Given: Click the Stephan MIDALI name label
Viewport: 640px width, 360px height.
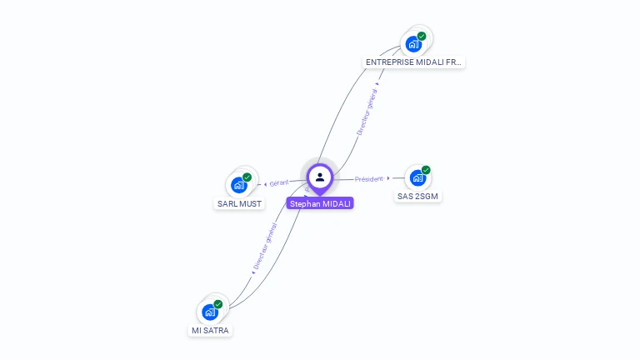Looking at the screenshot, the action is (x=320, y=203).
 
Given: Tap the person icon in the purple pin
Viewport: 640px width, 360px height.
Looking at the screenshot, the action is (x=320, y=177).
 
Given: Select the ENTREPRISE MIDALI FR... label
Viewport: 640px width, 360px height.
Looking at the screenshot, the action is (x=414, y=62).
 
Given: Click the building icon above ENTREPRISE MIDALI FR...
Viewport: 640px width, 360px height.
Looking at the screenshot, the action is (x=413, y=44).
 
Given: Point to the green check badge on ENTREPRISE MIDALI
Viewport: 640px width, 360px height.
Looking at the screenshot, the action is (x=422, y=36).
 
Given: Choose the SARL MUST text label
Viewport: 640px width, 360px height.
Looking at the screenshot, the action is (x=239, y=203).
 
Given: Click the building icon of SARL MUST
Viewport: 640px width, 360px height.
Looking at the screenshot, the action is (x=239, y=185).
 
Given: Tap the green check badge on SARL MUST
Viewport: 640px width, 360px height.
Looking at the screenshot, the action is (x=247, y=177).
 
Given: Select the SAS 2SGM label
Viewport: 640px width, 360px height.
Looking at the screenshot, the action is (x=417, y=197).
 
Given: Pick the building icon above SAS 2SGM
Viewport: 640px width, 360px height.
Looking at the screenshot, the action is (x=417, y=177).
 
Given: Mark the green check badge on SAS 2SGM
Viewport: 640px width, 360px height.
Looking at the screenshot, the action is (x=426, y=170).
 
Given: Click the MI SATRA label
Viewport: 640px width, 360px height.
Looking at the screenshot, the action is (x=210, y=331).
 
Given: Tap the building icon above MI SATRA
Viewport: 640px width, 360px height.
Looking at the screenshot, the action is (x=210, y=312).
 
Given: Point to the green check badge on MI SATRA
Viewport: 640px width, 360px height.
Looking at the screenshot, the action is (x=218, y=304).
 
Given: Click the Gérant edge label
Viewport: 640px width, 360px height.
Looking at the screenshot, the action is (x=278, y=182).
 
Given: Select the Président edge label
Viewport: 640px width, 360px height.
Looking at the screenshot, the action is (x=368, y=178).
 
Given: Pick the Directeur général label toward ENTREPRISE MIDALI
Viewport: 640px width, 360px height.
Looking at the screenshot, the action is (x=367, y=112).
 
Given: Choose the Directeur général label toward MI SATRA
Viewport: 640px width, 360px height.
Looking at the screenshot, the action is (x=265, y=247).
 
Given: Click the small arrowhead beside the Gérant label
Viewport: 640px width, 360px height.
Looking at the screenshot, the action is (x=265, y=183).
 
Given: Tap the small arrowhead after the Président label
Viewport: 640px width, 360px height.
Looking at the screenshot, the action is (x=388, y=178).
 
